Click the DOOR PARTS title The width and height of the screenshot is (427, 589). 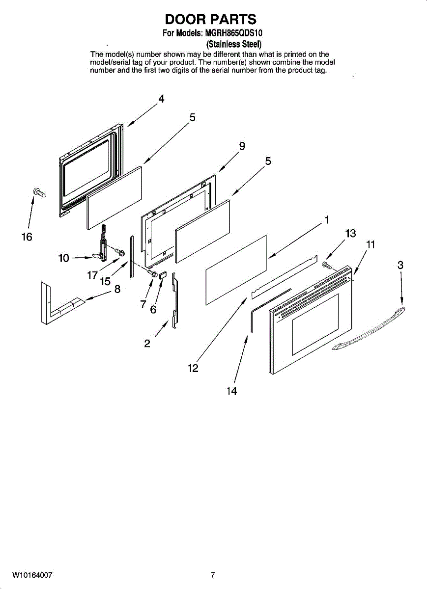211,19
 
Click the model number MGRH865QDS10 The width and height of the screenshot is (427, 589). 233,34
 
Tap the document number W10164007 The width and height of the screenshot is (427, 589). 32,575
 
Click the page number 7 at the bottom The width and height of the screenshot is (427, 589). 213,575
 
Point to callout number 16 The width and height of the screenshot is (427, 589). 27,237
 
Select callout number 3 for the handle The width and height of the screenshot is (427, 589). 400,265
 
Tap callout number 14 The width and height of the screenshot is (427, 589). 231,391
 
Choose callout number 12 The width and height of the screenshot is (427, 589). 193,368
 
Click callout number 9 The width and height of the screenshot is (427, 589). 242,146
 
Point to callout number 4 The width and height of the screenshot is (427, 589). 161,99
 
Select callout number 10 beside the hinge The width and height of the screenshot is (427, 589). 63,258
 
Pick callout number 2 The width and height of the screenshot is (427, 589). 147,344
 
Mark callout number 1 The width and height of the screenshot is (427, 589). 326,219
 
